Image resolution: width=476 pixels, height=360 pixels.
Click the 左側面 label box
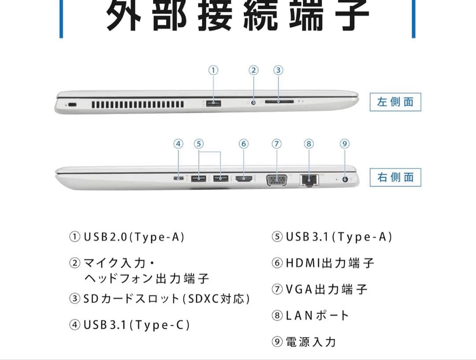[x=395, y=102]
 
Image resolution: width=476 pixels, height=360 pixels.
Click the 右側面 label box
[x=395, y=177]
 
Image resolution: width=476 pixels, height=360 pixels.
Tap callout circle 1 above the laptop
[x=213, y=70]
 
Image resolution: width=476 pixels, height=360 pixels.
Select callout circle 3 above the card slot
[x=278, y=70]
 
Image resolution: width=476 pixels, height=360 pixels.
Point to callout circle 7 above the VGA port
[x=276, y=144]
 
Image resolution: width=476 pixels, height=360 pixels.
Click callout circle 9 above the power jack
[x=345, y=144]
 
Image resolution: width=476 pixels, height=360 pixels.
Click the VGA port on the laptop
[x=277, y=179]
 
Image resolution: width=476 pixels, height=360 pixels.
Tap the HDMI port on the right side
[x=244, y=179]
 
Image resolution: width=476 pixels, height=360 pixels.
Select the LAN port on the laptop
[x=309, y=180]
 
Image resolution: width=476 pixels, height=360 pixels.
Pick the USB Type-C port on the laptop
[x=178, y=178]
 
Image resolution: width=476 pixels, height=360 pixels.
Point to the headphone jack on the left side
[x=253, y=103]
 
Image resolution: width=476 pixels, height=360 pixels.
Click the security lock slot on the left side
[x=72, y=105]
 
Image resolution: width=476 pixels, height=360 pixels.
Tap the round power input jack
[x=345, y=179]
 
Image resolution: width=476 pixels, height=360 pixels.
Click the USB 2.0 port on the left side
[x=213, y=103]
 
